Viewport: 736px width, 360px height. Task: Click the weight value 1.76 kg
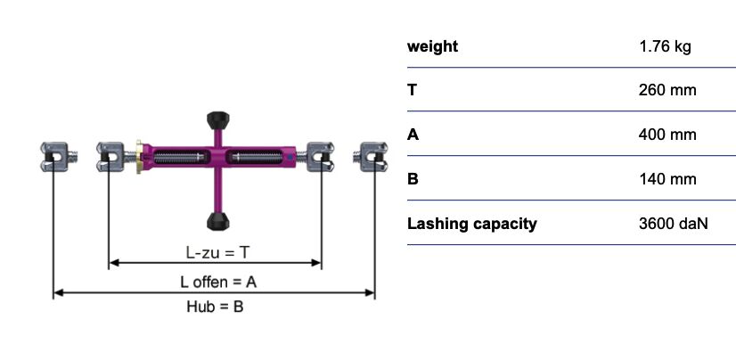pos(665,46)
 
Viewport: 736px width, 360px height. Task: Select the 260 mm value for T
pos(667,90)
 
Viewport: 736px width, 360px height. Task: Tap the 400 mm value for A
pos(667,135)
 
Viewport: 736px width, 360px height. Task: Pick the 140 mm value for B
pos(667,179)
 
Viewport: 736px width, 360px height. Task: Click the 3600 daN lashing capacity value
pos(673,224)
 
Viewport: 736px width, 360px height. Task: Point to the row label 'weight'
pos(432,46)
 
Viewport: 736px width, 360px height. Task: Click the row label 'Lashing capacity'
pos(471,224)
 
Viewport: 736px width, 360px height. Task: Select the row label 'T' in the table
pos(413,90)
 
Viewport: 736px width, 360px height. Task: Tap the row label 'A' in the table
pos(413,135)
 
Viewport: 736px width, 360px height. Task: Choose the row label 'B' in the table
pos(413,179)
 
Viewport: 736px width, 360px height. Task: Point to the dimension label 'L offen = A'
pos(218,282)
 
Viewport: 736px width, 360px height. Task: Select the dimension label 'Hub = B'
pos(214,307)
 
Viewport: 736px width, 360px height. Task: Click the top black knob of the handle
pos(216,119)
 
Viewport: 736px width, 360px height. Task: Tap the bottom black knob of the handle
pos(216,220)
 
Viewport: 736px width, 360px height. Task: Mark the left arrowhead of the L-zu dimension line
pos(112,263)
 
